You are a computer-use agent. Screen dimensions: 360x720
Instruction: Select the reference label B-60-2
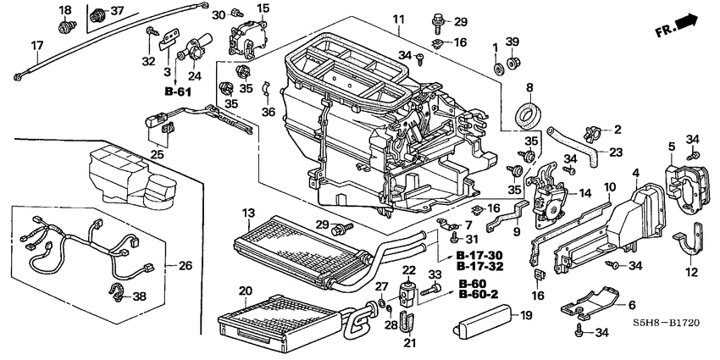478,295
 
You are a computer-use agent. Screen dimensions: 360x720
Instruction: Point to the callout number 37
116,11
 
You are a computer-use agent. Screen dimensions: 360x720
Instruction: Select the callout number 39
512,42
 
